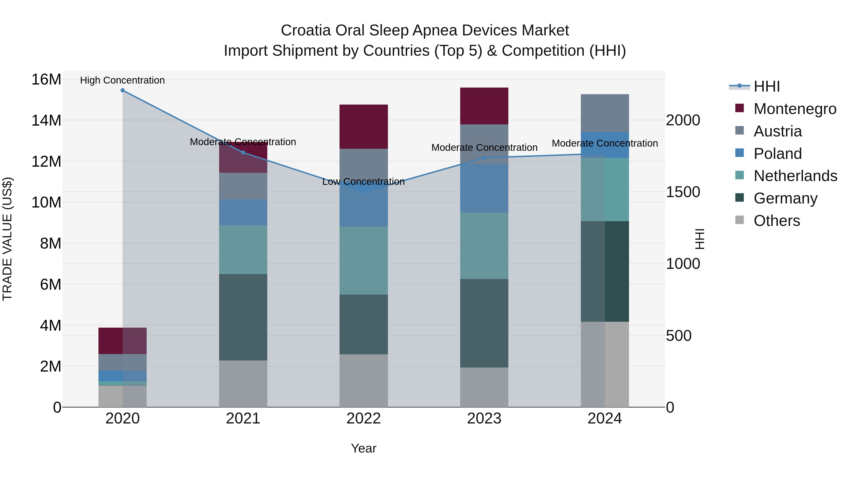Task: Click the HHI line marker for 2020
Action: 122,90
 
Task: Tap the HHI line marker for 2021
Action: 243,152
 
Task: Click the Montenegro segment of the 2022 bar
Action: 364,127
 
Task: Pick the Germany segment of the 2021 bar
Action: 243,317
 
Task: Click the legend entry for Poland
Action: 778,154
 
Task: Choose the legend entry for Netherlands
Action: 795,176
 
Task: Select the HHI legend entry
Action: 766,86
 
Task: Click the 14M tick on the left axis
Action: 46,120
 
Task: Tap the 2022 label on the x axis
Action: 364,419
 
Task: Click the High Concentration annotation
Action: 122,80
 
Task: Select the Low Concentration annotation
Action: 363,182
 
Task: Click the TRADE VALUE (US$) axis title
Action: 7,239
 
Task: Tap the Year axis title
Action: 364,448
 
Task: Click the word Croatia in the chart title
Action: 306,30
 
